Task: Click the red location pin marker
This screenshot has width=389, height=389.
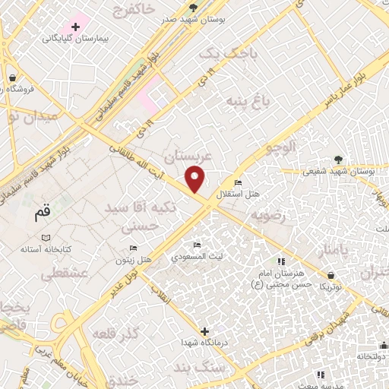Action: point(196,179)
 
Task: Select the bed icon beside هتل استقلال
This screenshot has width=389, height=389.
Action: point(239,182)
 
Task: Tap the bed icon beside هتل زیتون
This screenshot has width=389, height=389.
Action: point(134,248)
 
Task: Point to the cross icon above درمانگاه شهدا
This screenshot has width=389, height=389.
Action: point(204,330)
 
